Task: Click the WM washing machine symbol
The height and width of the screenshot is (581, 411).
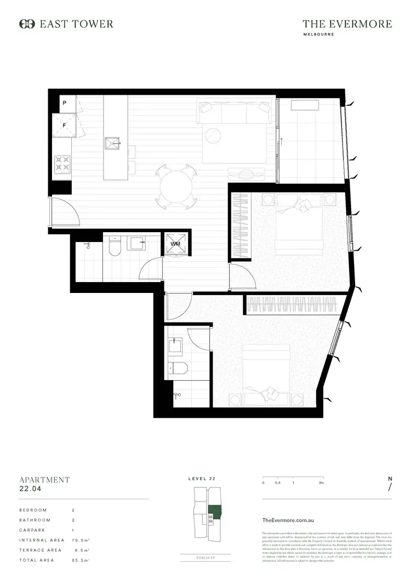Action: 175,244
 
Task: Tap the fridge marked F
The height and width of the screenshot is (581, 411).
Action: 64,125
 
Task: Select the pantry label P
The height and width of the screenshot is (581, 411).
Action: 64,103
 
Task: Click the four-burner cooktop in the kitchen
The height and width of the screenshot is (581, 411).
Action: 62,163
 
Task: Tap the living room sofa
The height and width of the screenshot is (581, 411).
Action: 235,113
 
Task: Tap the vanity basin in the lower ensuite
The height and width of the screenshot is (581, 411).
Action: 176,345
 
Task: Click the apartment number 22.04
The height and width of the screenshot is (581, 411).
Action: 31,489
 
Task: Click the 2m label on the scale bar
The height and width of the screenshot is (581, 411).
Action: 321,483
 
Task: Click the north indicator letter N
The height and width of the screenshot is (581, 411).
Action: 390,479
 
